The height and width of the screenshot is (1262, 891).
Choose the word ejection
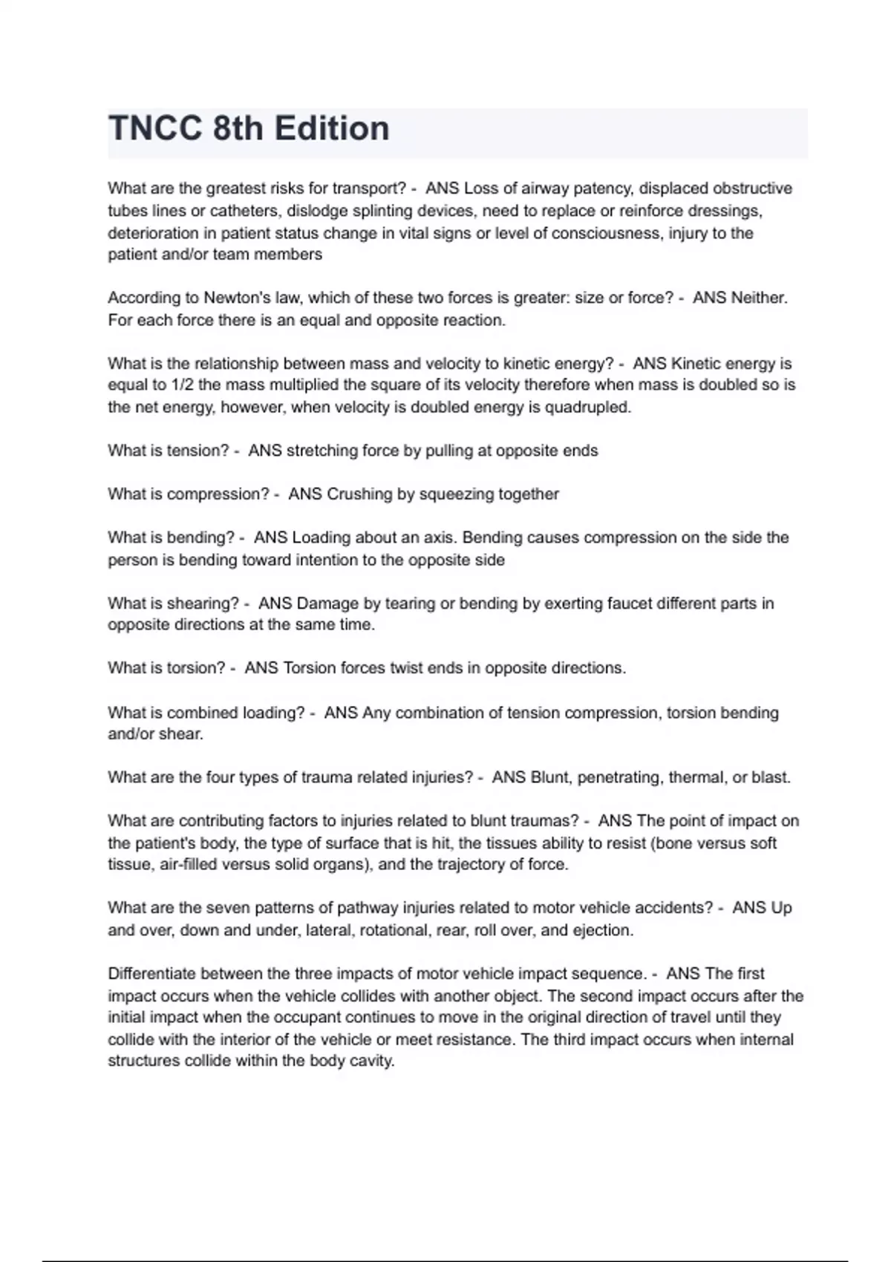[x=602, y=930]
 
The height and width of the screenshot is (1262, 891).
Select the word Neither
[x=759, y=298]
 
